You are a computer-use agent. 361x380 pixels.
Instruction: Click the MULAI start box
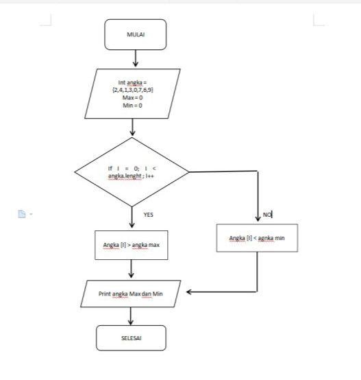[136, 34]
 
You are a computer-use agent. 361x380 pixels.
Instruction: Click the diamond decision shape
[132, 171]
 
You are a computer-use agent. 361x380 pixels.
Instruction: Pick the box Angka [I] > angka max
[130, 245]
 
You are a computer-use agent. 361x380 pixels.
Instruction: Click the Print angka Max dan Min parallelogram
[130, 294]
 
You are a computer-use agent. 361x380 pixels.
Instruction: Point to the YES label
[148, 215]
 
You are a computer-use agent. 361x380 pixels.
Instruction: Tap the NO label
[267, 215]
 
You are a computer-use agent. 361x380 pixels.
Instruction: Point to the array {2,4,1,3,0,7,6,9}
[132, 91]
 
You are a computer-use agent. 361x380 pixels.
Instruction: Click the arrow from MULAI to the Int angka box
[136, 59]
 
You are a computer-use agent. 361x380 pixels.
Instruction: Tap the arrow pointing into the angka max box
[132, 218]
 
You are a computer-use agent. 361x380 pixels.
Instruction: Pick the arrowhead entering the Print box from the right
[190, 293]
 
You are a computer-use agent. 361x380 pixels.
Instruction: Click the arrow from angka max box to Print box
[130, 270]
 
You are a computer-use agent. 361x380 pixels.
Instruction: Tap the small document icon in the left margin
[21, 214]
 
